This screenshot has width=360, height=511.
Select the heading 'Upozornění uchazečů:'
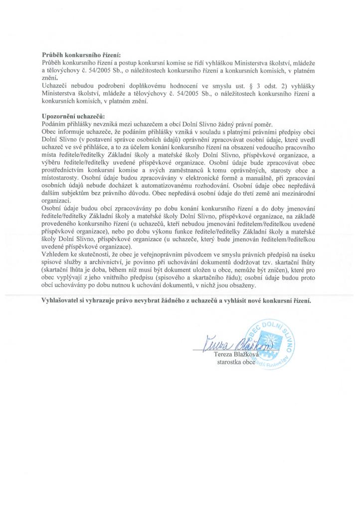[68, 116]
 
